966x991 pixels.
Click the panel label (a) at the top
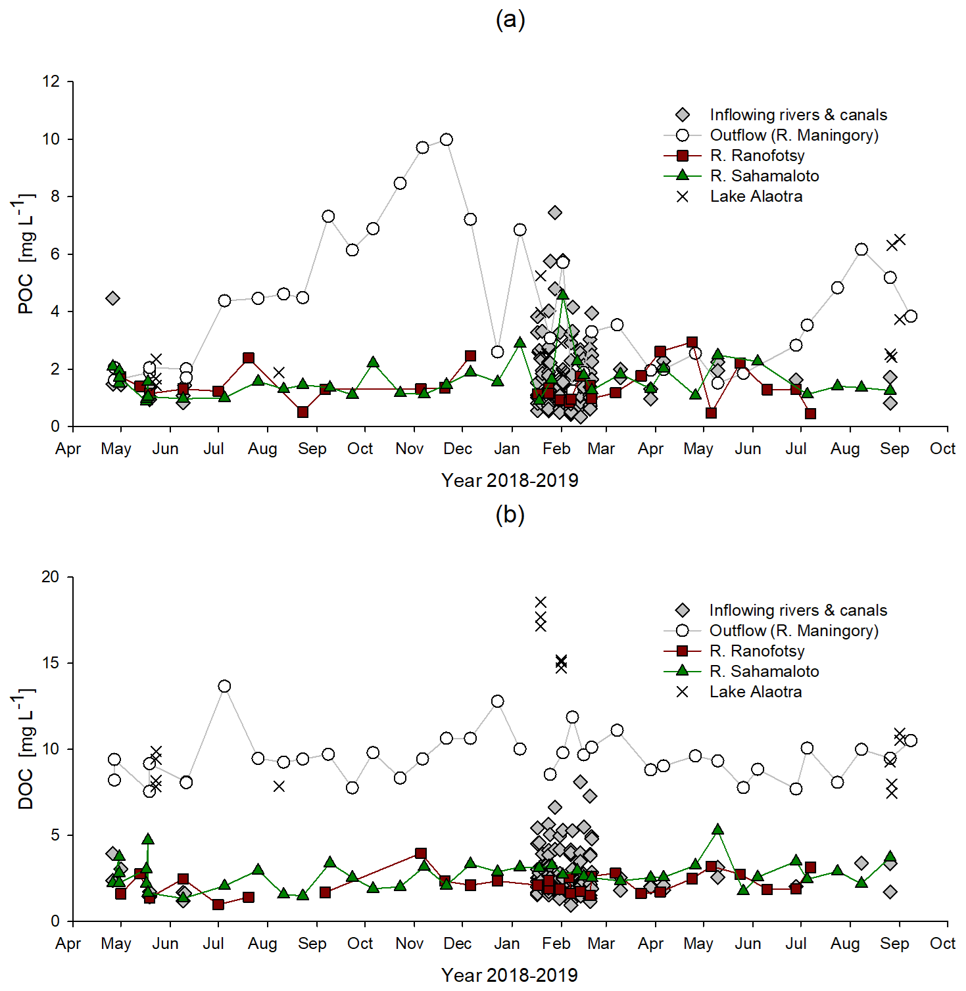pos(510,20)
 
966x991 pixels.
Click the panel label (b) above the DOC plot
pos(510,514)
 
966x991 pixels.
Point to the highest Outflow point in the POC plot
pos(447,139)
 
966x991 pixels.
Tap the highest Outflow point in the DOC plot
pos(224,686)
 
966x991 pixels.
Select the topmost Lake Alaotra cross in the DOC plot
pos(541,602)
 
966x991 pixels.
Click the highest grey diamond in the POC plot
pos(555,212)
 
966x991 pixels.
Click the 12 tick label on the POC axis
pos(51,81)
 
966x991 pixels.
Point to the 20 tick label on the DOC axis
pos(51,577)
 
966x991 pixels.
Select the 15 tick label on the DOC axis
pos(51,663)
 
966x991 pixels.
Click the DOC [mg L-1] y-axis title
pos(25,749)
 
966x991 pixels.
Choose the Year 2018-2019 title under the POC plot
pos(510,480)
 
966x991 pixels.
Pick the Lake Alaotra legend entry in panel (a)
pos(756,196)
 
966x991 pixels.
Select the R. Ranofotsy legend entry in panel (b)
pos(756,651)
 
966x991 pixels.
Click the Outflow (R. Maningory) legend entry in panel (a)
pos(794,135)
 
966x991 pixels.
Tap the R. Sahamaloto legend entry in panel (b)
pos(763,672)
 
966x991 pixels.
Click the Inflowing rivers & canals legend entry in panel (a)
pos(798,115)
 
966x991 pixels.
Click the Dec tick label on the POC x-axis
pos(458,449)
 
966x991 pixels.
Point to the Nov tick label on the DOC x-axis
pos(409,944)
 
